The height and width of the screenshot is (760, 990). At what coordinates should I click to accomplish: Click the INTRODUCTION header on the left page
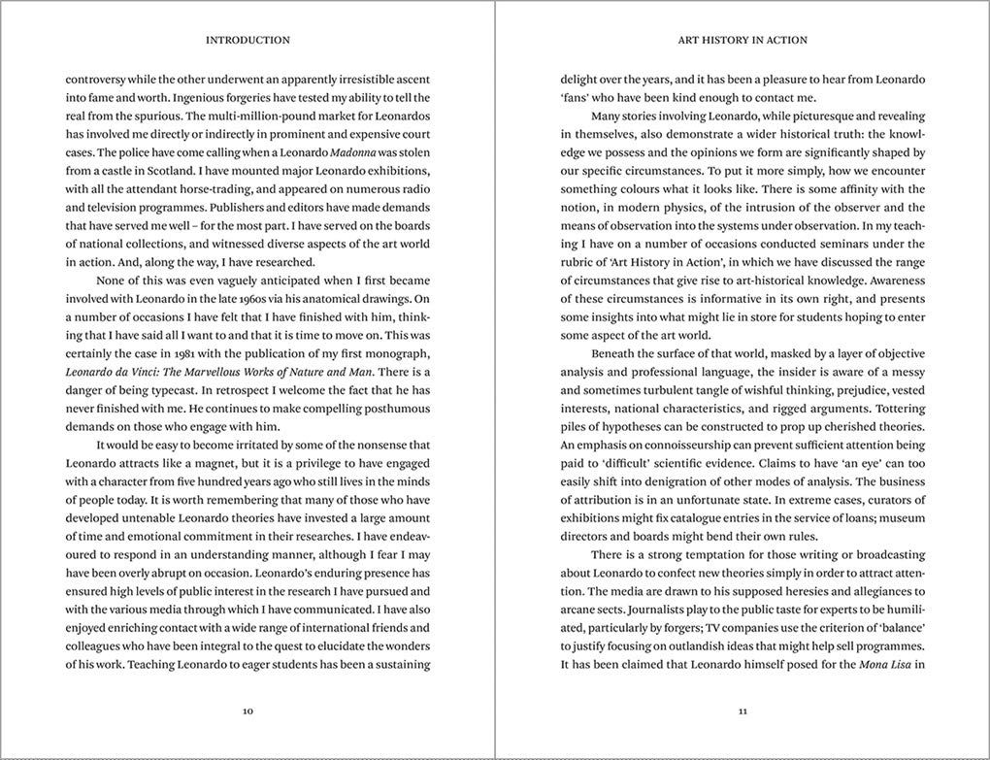pyautogui.click(x=247, y=41)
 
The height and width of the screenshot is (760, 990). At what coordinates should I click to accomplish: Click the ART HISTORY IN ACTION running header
pyautogui.click(x=742, y=41)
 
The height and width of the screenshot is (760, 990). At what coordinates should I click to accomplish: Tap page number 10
pyautogui.click(x=247, y=710)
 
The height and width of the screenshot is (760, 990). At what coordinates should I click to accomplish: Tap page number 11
pyautogui.click(x=742, y=710)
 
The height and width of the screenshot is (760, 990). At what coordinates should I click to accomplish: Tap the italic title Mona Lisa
pyautogui.click(x=882, y=664)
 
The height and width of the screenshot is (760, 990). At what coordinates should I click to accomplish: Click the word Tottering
pyautogui.click(x=898, y=408)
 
